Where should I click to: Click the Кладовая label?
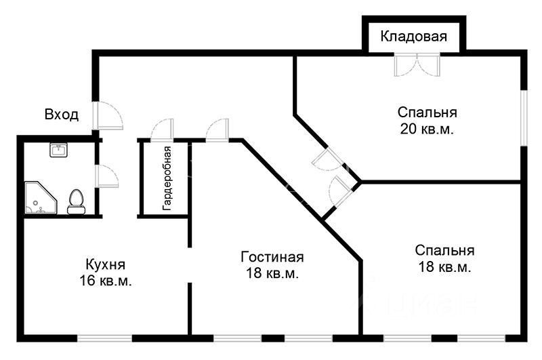coord(413,37)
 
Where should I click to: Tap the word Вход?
coord(62,115)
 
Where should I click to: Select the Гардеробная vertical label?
coord(166,178)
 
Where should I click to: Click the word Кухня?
coord(105,264)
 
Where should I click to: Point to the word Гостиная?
coord(272,258)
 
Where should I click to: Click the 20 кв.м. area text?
coord(425,128)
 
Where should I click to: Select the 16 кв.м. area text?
coord(105,281)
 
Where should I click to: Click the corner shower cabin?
coord(39,198)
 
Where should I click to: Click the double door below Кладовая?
coord(417,65)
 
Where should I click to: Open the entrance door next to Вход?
coord(108,117)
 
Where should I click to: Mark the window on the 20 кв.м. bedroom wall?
coord(523,117)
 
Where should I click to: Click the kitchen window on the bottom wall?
coord(104,337)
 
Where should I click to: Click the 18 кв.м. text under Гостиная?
coord(272,274)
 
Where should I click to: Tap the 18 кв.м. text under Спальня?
coord(444,267)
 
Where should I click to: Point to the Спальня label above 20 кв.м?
coord(427,112)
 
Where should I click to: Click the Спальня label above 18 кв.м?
coord(444,250)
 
